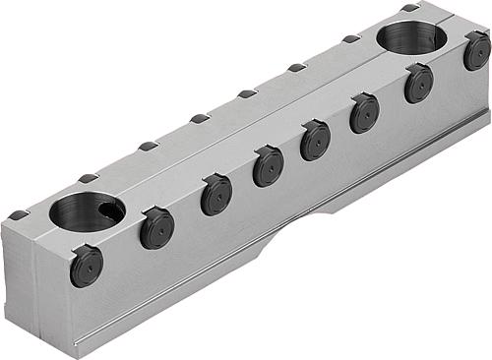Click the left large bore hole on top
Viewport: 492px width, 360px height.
(87, 211)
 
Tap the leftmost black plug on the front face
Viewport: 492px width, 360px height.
(86, 266)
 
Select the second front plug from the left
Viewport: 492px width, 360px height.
(156, 228)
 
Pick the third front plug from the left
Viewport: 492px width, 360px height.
(216, 195)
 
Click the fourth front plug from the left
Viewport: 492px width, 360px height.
(268, 166)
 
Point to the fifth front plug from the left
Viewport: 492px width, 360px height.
(316, 140)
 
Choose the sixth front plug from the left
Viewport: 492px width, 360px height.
(364, 112)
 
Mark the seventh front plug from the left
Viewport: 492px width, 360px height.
(418, 84)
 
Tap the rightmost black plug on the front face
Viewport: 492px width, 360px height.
(477, 50)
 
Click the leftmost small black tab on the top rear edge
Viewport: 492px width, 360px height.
(18, 215)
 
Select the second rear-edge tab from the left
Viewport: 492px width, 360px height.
(89, 178)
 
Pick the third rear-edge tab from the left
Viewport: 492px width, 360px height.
(149, 147)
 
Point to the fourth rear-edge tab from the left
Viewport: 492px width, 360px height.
(200, 119)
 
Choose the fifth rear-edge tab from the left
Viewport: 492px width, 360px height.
(248, 94)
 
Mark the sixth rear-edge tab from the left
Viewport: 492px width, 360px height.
(297, 68)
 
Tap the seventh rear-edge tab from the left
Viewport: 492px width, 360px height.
(351, 39)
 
